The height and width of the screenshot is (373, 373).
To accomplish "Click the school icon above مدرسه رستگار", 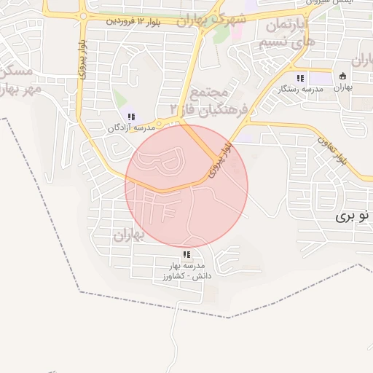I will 299,78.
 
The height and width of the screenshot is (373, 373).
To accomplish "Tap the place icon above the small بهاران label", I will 341,76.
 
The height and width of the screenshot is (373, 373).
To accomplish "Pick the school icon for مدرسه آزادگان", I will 130,117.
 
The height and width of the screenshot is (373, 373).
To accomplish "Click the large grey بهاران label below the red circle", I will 131,235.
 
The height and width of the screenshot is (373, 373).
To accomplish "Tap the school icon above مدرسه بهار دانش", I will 186,254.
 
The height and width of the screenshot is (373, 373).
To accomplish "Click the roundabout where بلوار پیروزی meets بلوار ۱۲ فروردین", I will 82,15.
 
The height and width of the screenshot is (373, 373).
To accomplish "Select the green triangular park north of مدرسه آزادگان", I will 119,99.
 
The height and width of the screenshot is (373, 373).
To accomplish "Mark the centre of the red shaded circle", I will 186,186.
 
